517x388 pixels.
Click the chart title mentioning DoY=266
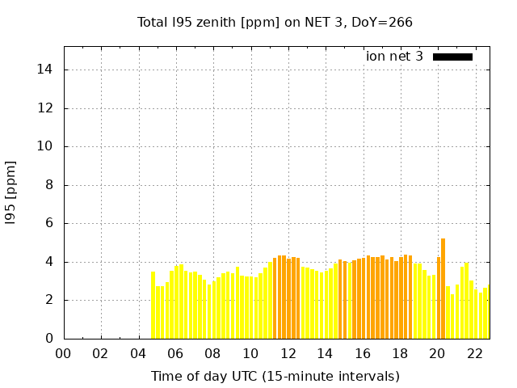click(275, 22)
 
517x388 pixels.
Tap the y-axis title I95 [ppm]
click(11, 194)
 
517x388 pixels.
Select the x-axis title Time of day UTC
click(275, 376)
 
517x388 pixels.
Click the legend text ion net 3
click(394, 57)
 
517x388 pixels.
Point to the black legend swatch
click(452, 57)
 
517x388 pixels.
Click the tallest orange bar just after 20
click(443, 289)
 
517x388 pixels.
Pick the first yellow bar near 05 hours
click(153, 305)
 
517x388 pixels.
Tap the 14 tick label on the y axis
click(45, 70)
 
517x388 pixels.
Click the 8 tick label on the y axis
click(49, 185)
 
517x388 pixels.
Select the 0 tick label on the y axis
click(49, 339)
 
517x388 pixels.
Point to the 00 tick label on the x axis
click(64, 353)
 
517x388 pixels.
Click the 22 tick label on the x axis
click(475, 353)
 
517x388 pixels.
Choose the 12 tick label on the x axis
click(288, 353)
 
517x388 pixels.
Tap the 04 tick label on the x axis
click(138, 353)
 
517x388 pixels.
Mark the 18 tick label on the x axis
click(400, 353)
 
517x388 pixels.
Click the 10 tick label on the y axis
click(45, 146)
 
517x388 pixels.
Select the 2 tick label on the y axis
click(49, 300)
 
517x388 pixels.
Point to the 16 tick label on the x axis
click(363, 353)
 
